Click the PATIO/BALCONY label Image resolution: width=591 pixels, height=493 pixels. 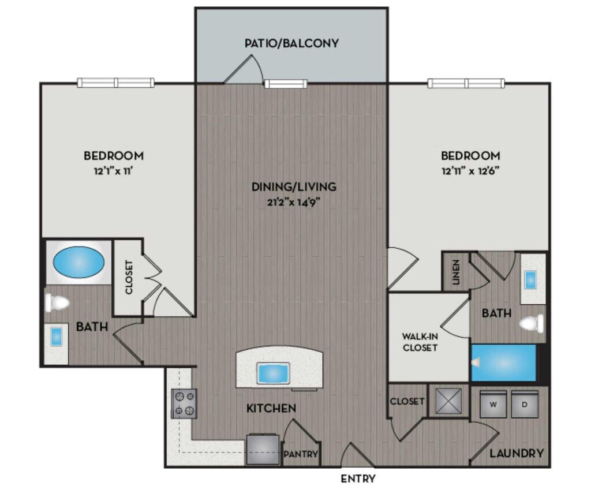point(291,43)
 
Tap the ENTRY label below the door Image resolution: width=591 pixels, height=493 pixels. point(358,479)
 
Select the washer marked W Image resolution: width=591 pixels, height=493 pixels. point(493,404)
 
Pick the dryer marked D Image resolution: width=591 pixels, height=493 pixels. point(525,404)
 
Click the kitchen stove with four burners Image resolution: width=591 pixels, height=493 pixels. point(184,403)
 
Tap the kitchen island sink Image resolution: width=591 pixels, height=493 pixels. point(273,373)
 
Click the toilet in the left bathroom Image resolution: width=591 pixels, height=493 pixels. point(58,302)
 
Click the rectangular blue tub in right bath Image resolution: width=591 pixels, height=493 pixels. point(504,363)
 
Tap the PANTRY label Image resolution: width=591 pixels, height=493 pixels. point(301,454)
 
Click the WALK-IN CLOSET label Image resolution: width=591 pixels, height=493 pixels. point(420,342)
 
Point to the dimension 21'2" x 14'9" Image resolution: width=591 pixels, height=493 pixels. point(294,201)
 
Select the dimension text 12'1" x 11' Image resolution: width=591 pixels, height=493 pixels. point(114,171)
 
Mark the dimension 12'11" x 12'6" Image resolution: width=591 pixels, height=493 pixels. point(470,171)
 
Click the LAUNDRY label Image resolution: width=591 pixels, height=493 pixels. point(517,453)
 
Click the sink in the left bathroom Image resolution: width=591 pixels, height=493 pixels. point(56,336)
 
